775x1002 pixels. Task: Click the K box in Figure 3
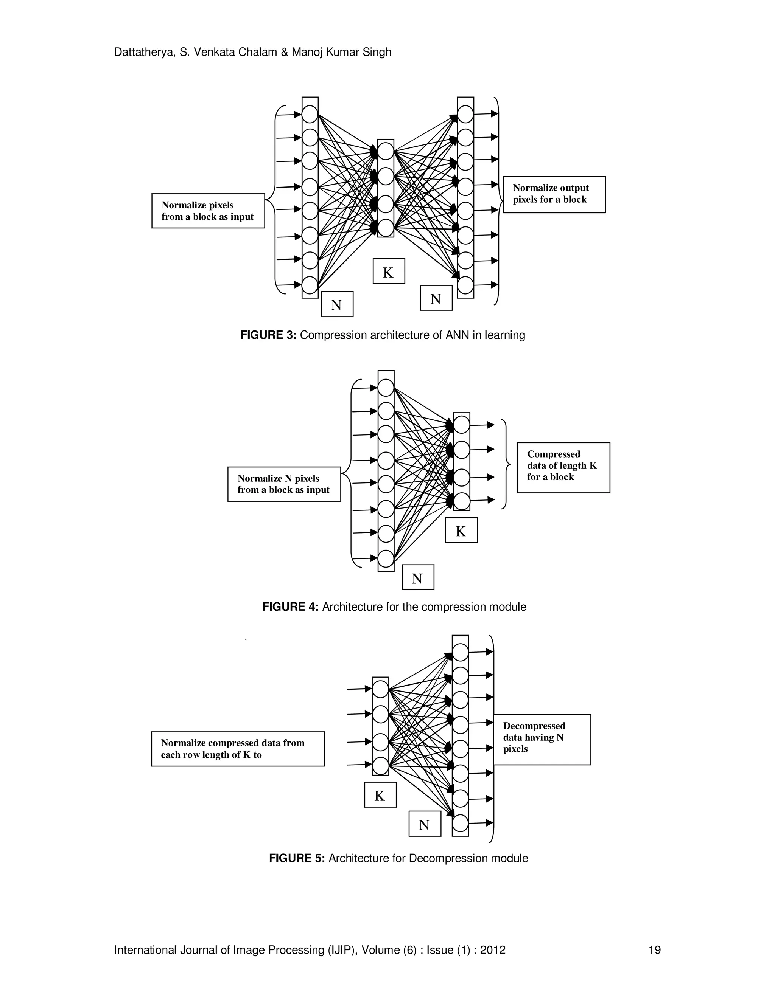[388, 271]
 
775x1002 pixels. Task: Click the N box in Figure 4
[417, 577]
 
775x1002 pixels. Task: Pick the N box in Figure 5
[425, 824]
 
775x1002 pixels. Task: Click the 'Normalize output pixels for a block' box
[554, 194]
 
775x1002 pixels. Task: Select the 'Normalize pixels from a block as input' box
[208, 211]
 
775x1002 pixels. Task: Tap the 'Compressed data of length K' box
[563, 467]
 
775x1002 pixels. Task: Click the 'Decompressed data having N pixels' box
[542, 739]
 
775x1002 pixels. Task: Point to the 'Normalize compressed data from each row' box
[237, 748]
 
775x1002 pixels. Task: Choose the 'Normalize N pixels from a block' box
[284, 484]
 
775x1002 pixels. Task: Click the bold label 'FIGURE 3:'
[268, 335]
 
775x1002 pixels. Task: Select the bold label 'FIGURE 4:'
[290, 607]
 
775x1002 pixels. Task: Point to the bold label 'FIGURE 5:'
[297, 858]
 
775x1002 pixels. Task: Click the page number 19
[654, 950]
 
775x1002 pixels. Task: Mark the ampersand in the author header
[284, 52]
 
